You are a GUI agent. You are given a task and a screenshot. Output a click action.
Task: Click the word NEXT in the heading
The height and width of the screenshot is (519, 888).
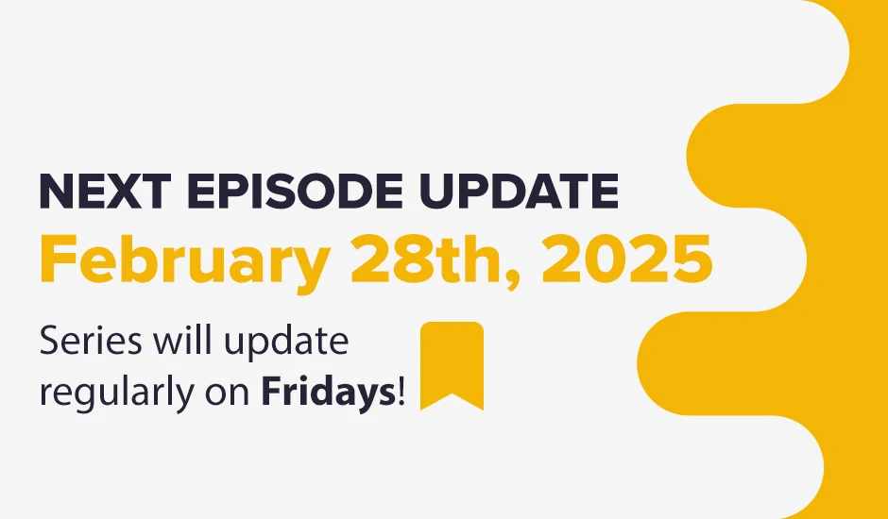pyautogui.click(x=106, y=192)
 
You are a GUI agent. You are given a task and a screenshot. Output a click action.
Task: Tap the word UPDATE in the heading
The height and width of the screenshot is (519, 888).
pyautogui.click(x=519, y=192)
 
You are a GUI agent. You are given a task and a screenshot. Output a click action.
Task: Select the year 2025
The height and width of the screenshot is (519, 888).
pyautogui.click(x=626, y=259)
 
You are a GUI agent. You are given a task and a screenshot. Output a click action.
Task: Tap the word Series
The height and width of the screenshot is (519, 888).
pyautogui.click(x=91, y=342)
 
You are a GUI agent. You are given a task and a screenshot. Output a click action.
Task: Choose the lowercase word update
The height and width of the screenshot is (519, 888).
pyautogui.click(x=286, y=343)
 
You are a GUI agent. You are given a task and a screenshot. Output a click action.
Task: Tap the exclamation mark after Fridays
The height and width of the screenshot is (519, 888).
pyautogui.click(x=402, y=393)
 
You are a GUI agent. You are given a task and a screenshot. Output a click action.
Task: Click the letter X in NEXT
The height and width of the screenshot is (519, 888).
pyautogui.click(x=123, y=192)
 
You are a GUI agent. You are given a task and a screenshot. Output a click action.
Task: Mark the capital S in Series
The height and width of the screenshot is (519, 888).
pyautogui.click(x=49, y=342)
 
